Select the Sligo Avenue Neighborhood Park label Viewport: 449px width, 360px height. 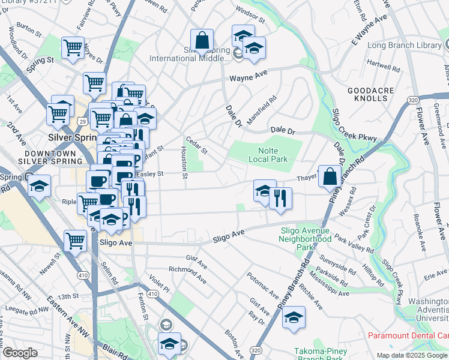pyautogui.click(x=305, y=238)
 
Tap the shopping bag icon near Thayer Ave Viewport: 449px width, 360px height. pyautogui.click(x=330, y=177)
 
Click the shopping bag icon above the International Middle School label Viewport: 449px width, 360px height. pyautogui.click(x=202, y=41)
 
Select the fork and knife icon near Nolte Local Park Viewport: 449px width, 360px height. pyautogui.click(x=280, y=199)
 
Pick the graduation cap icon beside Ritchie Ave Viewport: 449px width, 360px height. pyautogui.click(x=294, y=317)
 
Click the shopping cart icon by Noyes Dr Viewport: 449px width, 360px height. pyautogui.click(x=73, y=48)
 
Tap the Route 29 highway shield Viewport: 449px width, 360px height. pyautogui.click(x=81, y=122)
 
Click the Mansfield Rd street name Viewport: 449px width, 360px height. pyautogui.click(x=262, y=107)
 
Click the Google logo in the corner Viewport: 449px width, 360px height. pyautogui.click(x=20, y=353)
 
